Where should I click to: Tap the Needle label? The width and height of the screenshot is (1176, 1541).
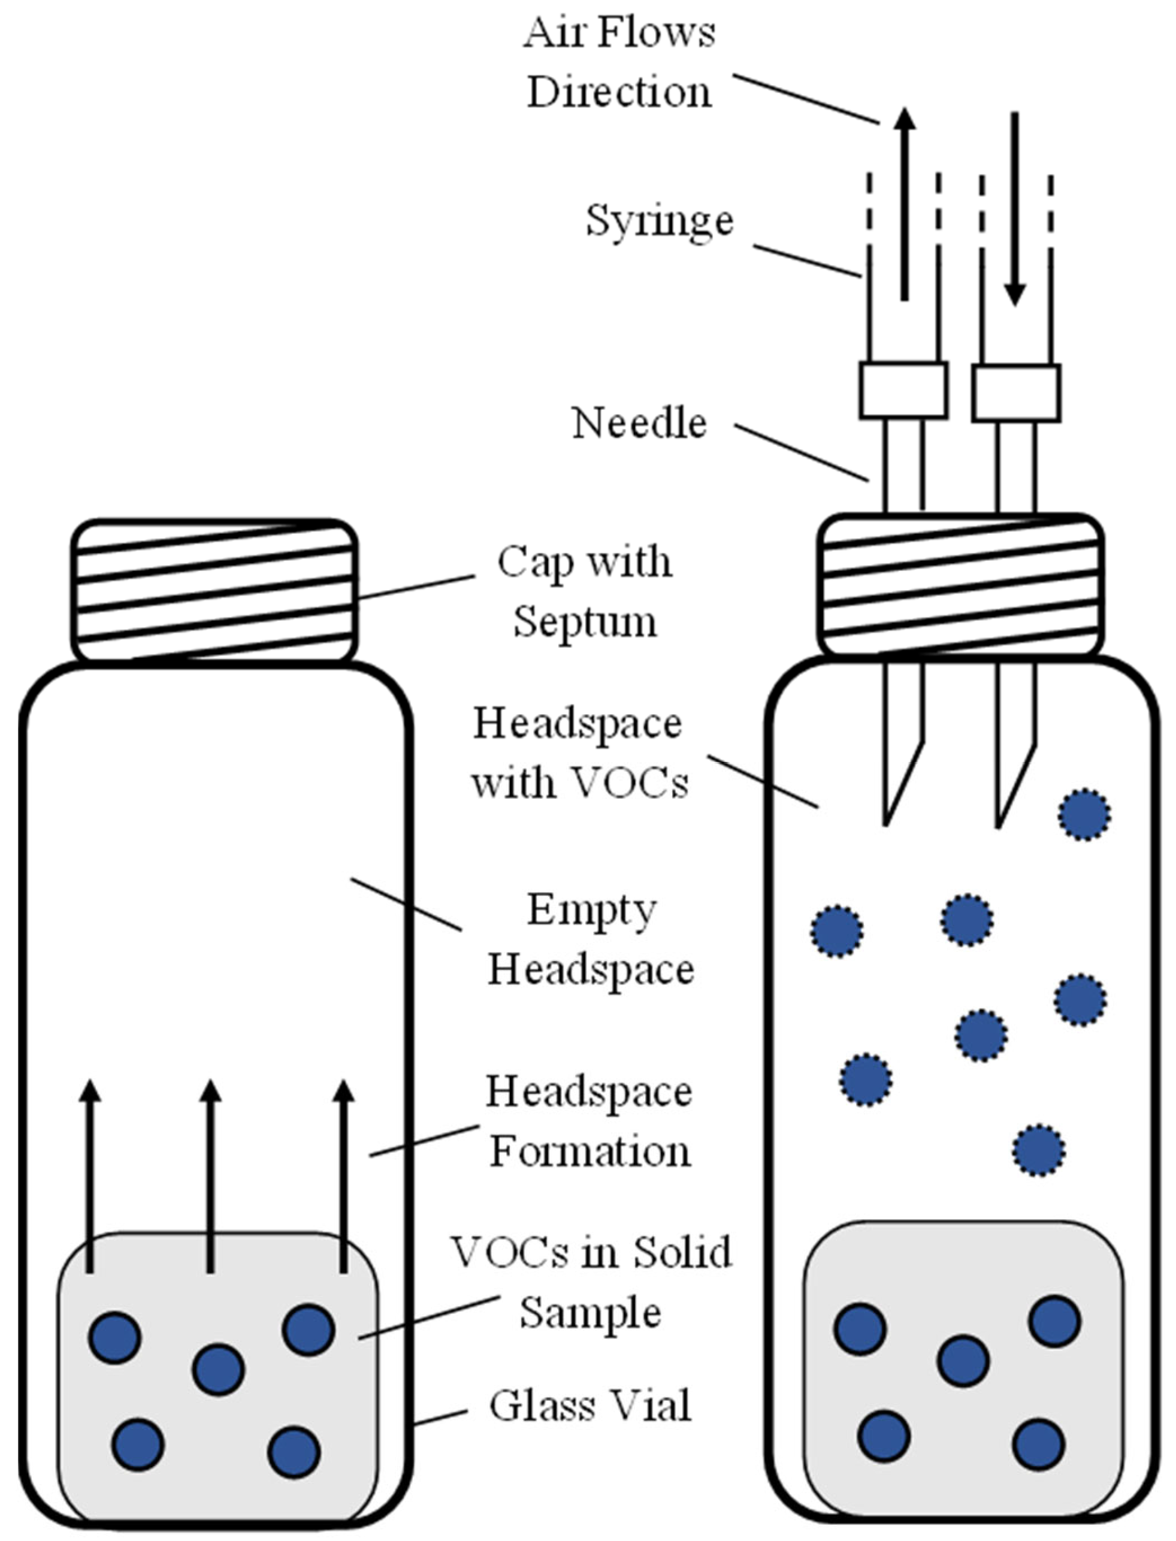[639, 424]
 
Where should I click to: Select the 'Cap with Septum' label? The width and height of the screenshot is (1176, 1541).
[585, 591]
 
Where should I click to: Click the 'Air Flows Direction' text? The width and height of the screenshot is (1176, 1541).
[619, 63]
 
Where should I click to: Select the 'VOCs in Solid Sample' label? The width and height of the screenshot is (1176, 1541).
[591, 1281]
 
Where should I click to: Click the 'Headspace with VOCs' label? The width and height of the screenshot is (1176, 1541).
[578, 753]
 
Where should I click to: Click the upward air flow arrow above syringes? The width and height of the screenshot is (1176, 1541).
[905, 203]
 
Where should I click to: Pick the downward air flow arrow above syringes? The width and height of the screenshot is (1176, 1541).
[1014, 210]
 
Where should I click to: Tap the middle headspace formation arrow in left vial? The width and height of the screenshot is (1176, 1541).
[210, 1176]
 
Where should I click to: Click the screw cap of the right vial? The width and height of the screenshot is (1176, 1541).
[960, 585]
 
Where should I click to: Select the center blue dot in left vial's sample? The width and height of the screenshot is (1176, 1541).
[219, 1370]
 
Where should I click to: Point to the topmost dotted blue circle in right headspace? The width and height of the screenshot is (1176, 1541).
[1084, 814]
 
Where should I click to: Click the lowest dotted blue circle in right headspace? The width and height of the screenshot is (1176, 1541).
[1039, 1150]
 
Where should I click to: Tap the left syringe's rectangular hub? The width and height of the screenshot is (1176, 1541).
[903, 390]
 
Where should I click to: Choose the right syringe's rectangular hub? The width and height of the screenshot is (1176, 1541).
[1015, 392]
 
